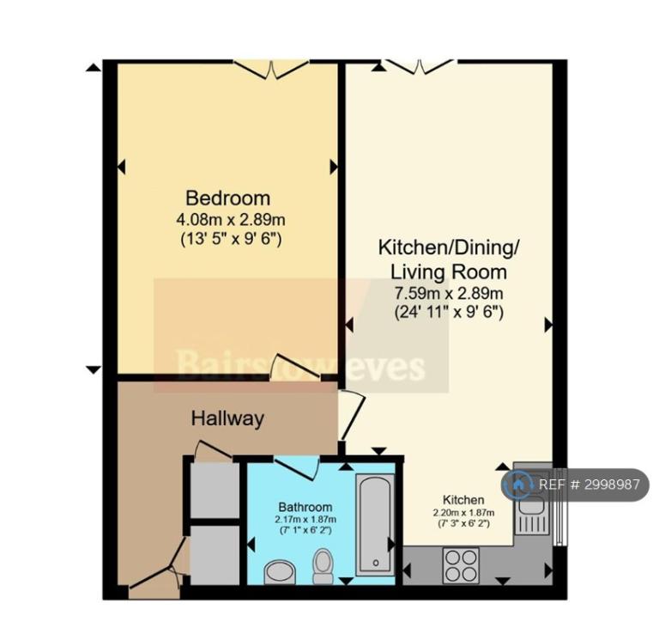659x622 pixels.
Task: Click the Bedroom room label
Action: [x=227, y=198]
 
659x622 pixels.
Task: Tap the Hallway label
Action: [x=227, y=418]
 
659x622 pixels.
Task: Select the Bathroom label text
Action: [x=305, y=507]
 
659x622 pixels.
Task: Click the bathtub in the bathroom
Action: [x=375, y=524]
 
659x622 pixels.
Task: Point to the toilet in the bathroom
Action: [x=323, y=566]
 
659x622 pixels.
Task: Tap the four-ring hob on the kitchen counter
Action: [x=461, y=565]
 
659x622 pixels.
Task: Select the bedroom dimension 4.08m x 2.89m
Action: [x=231, y=220]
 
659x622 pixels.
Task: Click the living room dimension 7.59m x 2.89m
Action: [x=449, y=293]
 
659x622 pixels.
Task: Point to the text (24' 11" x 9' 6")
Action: [x=449, y=313]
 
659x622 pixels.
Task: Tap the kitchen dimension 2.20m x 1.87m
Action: [x=463, y=513]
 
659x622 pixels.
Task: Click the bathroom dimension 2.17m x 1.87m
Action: [x=305, y=520]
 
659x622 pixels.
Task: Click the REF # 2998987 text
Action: [x=589, y=485]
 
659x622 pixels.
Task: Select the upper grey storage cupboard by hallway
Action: [x=215, y=491]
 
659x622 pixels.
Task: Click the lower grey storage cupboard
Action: [x=215, y=555]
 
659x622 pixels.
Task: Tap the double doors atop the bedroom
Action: [x=271, y=70]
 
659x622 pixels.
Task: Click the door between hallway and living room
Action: [x=352, y=415]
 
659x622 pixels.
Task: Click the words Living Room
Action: [x=449, y=271]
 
